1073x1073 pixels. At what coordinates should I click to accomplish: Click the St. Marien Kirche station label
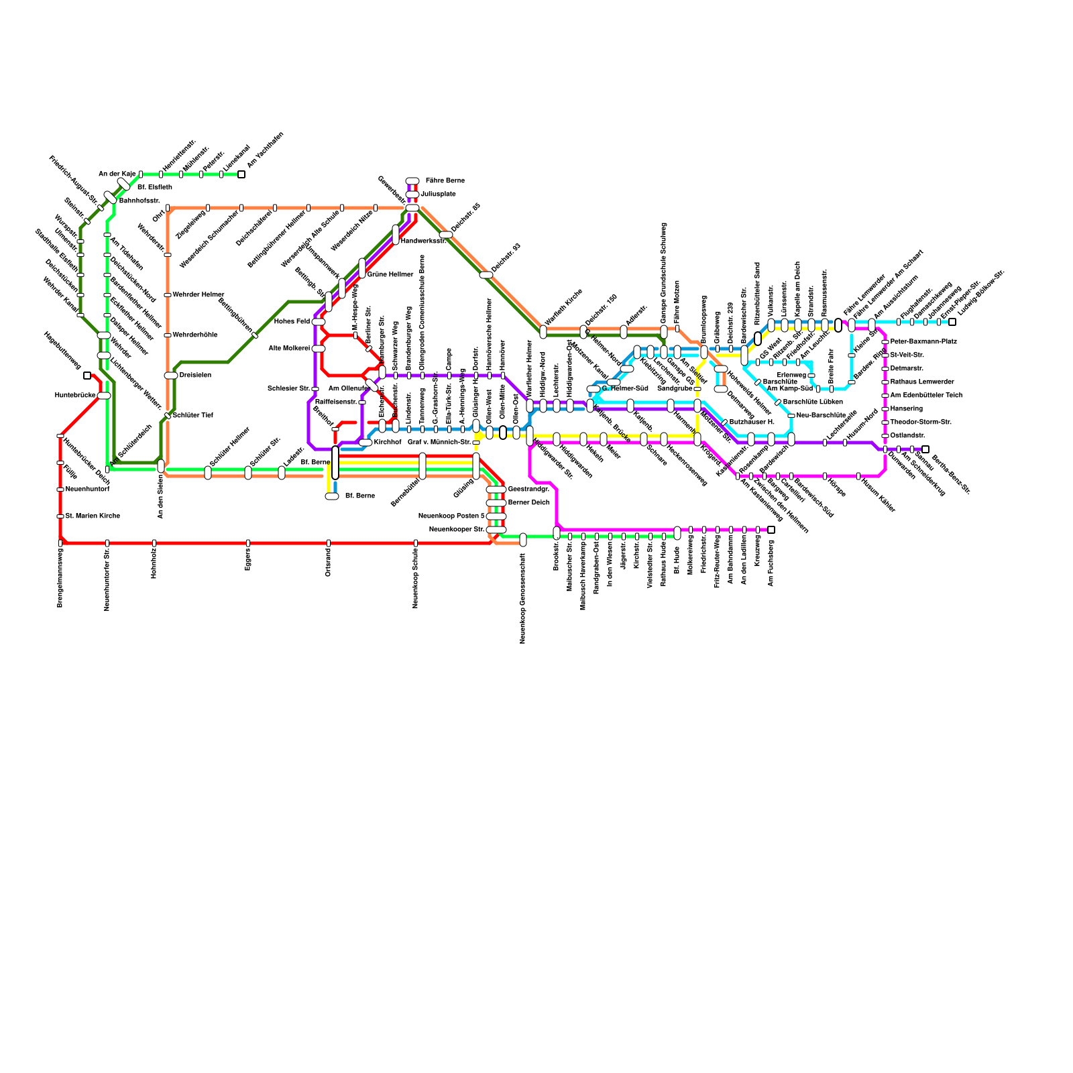point(93,516)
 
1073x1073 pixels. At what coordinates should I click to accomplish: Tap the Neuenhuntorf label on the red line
point(87,490)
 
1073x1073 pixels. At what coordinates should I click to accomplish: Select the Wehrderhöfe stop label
point(195,335)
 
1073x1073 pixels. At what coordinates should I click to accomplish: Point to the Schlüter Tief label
point(193,416)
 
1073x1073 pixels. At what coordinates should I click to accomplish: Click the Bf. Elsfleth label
point(155,188)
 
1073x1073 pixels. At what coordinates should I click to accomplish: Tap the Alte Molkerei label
point(289,349)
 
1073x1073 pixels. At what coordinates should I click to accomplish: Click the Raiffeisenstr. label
point(336,402)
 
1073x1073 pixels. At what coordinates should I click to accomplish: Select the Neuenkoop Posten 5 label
point(451,516)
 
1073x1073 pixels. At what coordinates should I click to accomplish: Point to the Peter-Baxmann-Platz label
point(923,342)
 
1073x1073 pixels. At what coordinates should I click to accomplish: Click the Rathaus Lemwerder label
point(922,382)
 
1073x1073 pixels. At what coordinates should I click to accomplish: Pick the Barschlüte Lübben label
point(813,402)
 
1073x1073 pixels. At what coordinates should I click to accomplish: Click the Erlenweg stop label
point(791,376)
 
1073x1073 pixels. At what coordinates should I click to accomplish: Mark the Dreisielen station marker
point(171,376)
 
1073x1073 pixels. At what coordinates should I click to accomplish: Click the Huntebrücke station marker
point(104,396)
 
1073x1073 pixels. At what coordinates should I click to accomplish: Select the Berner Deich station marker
point(496,503)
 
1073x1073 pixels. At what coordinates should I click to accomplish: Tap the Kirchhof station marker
point(365,443)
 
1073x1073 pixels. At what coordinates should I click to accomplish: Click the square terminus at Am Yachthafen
point(241,174)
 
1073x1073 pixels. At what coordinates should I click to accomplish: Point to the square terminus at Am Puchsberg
point(771,530)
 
